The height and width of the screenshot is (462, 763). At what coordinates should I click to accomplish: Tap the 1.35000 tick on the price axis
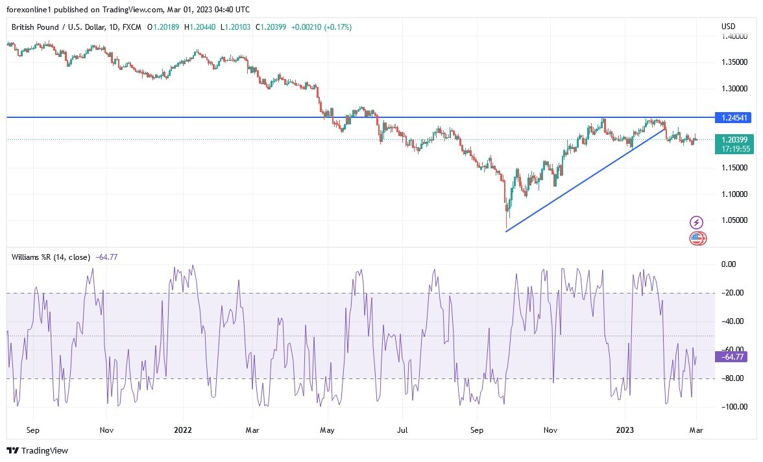[734, 62]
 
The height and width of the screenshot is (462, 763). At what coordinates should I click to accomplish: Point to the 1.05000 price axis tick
[734, 220]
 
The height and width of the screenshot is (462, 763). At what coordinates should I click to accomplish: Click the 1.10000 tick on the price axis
[734, 194]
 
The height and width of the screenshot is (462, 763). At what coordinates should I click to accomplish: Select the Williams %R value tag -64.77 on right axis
[731, 356]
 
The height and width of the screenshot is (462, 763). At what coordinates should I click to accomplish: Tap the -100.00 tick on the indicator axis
[734, 407]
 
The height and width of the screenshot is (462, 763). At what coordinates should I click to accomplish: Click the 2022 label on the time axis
[183, 430]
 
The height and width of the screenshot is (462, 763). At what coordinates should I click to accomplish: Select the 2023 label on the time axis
[624, 430]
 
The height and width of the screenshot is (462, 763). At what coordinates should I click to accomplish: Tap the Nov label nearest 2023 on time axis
[550, 430]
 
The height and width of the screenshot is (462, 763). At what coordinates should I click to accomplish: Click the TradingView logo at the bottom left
[37, 450]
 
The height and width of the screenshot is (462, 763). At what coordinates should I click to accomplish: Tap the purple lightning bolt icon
[696, 223]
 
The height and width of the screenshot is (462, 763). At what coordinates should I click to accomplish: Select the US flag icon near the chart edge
[697, 238]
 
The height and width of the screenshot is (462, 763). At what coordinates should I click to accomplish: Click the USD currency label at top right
[728, 27]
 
